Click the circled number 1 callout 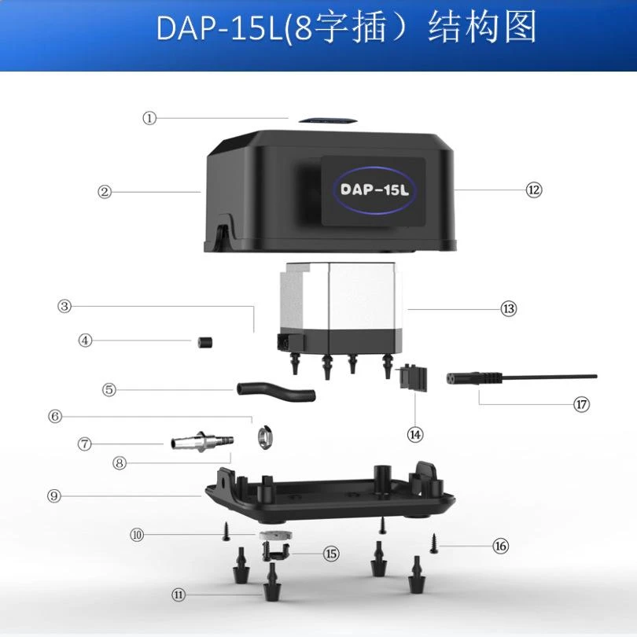coord(149,118)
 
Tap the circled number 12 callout coord(534,190)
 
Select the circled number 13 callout coord(509,309)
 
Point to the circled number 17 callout coord(581,404)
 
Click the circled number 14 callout coord(415,435)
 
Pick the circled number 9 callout coord(54,496)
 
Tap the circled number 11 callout coord(179,595)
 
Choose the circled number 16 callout coord(500,546)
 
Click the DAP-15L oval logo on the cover coord(374,190)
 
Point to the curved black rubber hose coord(276,391)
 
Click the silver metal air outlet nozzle coord(202,441)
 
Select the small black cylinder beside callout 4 coord(205,342)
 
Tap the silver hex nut coord(265,437)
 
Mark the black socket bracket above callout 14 coord(413,377)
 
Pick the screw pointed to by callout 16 coord(434,543)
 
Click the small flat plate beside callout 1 coord(327,120)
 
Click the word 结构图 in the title coord(482,28)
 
